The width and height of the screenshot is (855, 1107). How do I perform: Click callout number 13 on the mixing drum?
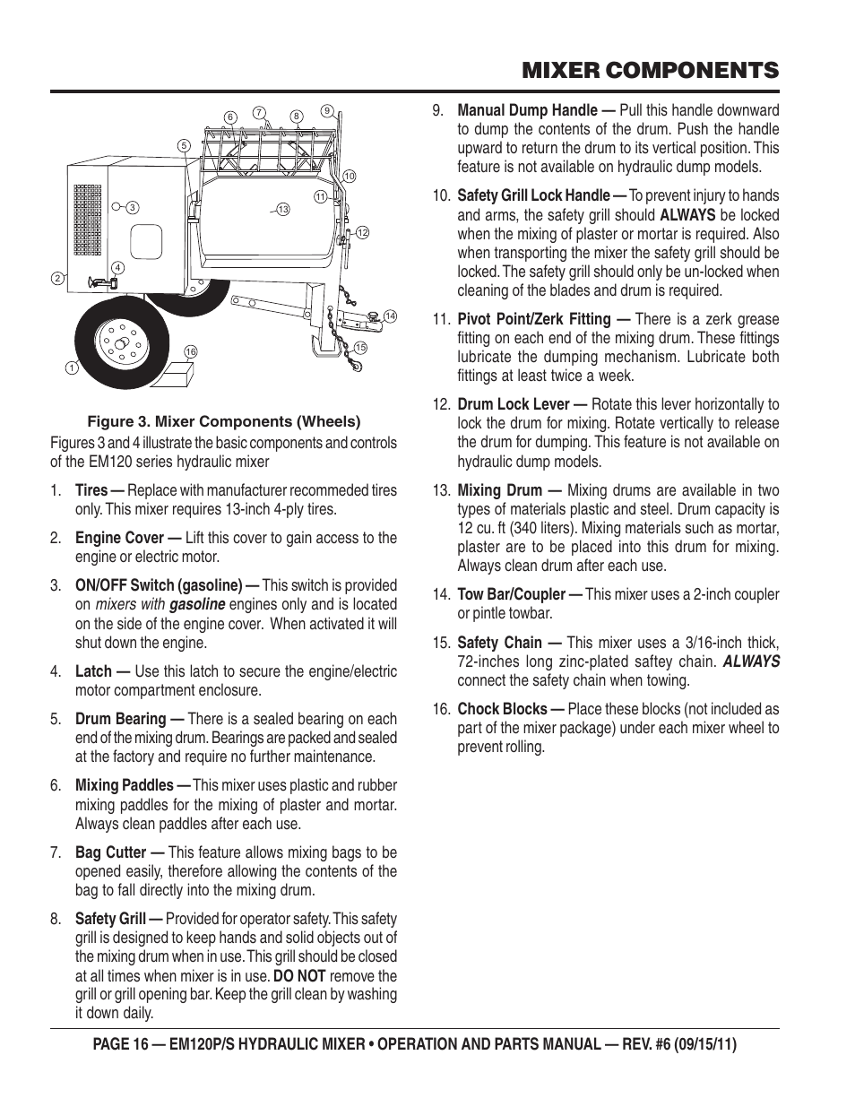click(x=282, y=210)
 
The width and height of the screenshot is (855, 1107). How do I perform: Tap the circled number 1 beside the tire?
click(x=70, y=368)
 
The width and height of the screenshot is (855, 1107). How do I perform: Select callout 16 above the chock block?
click(x=190, y=351)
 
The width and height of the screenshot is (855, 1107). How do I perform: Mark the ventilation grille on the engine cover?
click(x=88, y=217)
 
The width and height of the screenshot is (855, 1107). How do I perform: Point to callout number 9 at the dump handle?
click(x=327, y=111)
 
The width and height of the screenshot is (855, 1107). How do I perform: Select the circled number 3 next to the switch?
click(x=132, y=208)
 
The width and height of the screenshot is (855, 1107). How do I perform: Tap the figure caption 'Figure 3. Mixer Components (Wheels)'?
click(x=223, y=421)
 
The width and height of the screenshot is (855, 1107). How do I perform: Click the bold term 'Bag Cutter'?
click(x=110, y=852)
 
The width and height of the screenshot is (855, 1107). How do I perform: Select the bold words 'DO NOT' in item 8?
click(x=299, y=975)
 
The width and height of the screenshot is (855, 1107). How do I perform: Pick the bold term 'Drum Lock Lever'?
click(x=513, y=404)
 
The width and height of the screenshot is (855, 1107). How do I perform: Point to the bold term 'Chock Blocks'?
click(x=501, y=709)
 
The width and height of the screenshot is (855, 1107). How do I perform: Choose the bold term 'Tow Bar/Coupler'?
click(x=510, y=594)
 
